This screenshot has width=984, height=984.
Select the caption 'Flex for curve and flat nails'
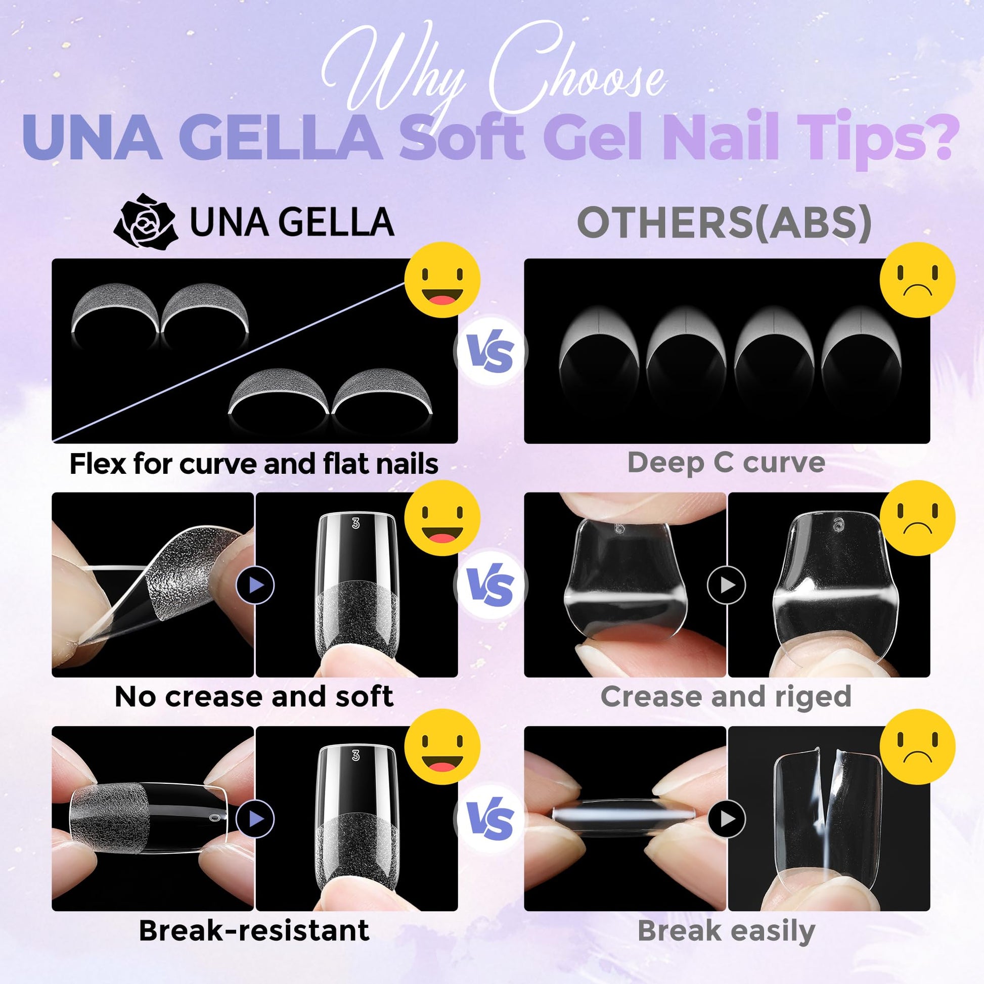[254, 464]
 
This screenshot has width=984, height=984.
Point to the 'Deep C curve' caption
[726, 463]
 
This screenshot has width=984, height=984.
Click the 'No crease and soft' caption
[254, 696]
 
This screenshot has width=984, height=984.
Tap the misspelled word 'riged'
[814, 697]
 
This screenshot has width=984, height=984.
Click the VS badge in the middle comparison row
[490, 585]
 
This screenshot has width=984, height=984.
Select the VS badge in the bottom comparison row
[490, 819]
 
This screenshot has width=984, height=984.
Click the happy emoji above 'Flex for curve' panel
[442, 280]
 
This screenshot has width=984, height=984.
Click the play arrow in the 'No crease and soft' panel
[255, 585]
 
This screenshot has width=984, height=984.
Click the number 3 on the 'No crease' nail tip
[355, 523]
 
